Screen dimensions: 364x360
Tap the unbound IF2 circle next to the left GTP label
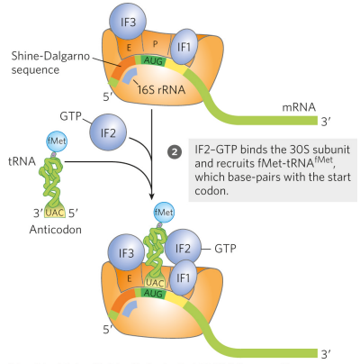tap(108, 134)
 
